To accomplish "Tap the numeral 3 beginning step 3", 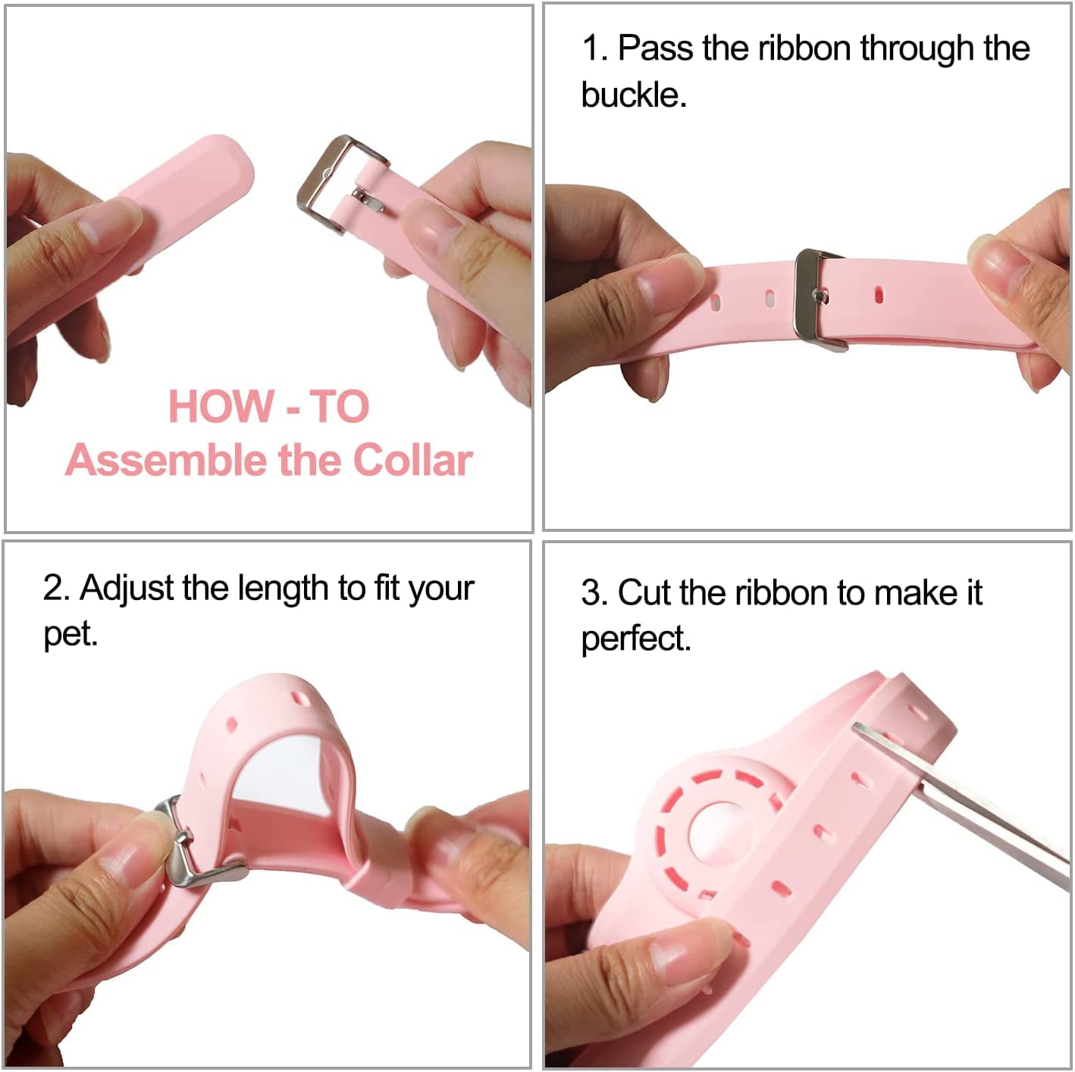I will [590, 592].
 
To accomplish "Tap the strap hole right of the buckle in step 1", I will [879, 294].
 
